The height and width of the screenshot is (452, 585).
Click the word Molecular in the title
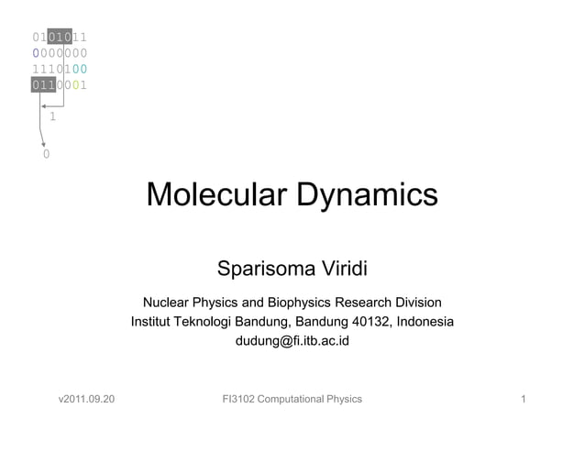point(213,195)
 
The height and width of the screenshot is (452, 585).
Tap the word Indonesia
point(417,322)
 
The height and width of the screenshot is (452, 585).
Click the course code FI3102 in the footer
point(241,399)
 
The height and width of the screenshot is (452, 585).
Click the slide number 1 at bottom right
point(522,399)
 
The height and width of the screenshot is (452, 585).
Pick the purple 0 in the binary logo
point(36,53)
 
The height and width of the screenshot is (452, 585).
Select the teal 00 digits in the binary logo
point(79,69)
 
